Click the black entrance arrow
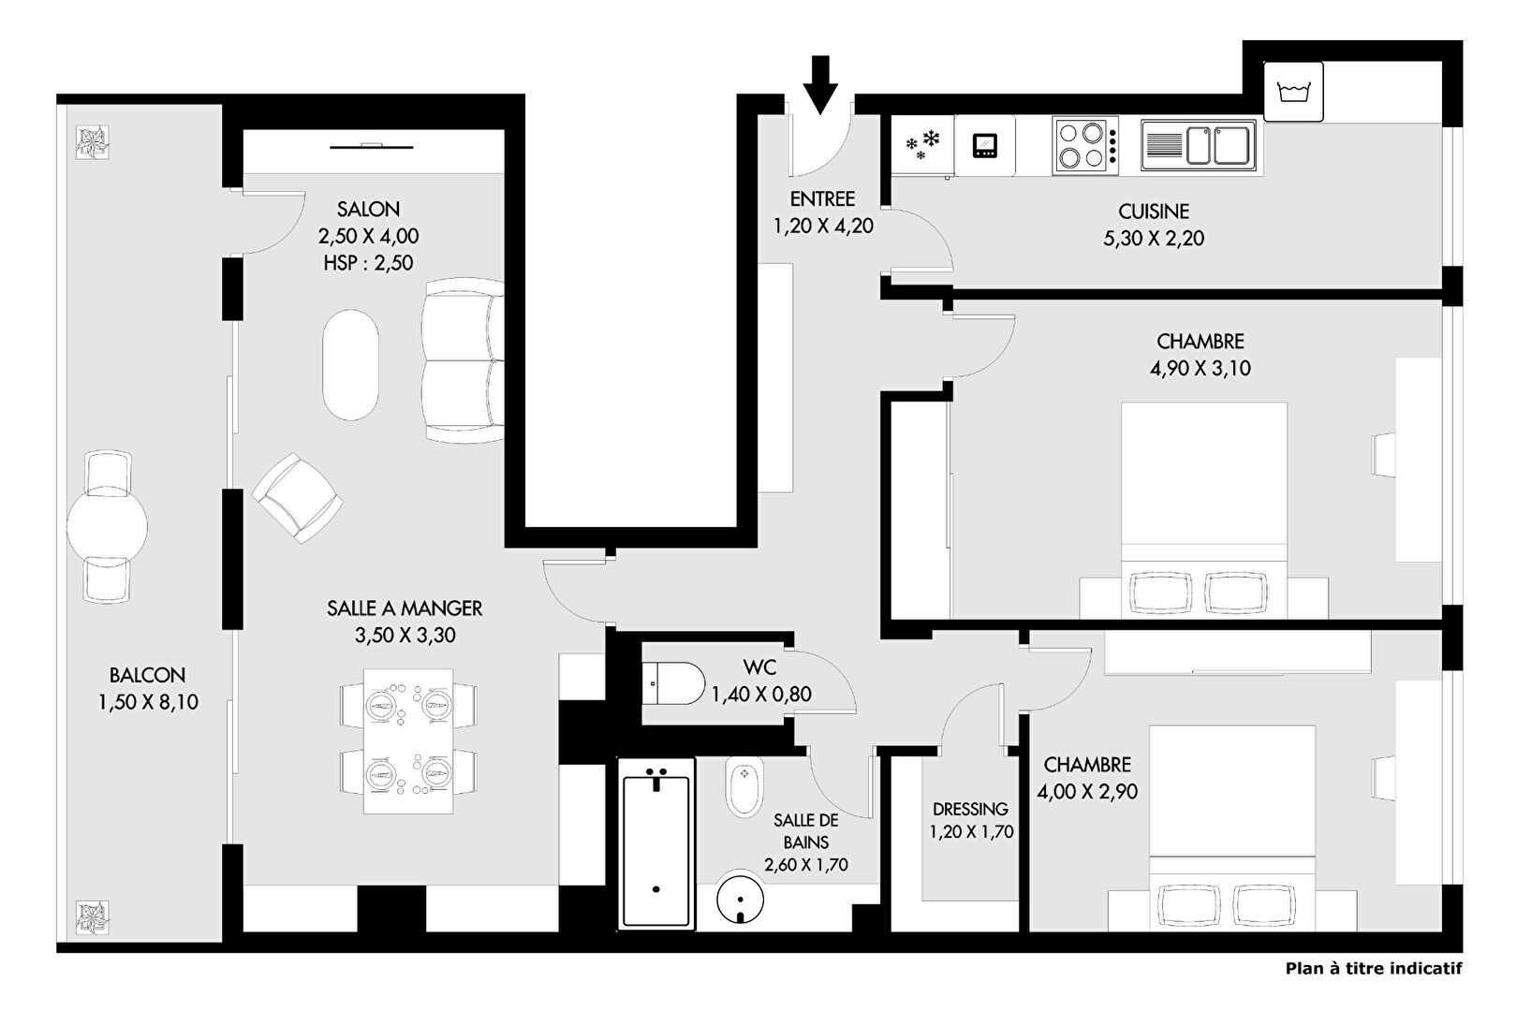(820, 84)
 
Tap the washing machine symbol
(1293, 92)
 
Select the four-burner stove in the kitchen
(1085, 146)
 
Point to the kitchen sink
(1199, 145)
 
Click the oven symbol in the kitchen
(985, 146)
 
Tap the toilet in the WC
(674, 683)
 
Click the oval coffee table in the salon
(350, 365)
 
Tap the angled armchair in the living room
(297, 498)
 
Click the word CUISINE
(1154, 212)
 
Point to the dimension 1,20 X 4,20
(823, 226)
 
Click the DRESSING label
(970, 809)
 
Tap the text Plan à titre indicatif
(1374, 968)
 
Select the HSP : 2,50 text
(368, 263)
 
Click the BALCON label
(147, 675)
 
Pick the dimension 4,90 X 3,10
(1200, 369)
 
